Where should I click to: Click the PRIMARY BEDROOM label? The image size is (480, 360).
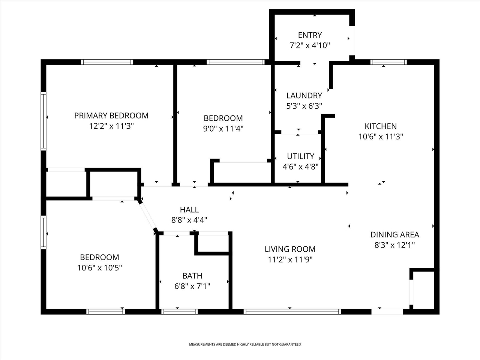pyautogui.click(x=111, y=115)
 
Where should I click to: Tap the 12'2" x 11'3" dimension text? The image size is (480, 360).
pyautogui.click(x=111, y=126)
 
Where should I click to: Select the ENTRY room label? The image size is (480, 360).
pyautogui.click(x=310, y=35)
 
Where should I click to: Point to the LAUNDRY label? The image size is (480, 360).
pyautogui.click(x=304, y=96)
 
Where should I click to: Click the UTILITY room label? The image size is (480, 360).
pyautogui.click(x=300, y=156)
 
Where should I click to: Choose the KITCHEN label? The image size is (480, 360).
pyautogui.click(x=381, y=126)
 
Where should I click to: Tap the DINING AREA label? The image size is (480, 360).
pyautogui.click(x=394, y=235)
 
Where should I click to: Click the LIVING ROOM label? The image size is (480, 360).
pyautogui.click(x=290, y=249)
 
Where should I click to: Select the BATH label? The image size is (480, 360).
pyautogui.click(x=192, y=276)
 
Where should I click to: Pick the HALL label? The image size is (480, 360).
pyautogui.click(x=189, y=210)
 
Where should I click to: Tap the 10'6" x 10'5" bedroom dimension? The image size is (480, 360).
pyautogui.click(x=99, y=268)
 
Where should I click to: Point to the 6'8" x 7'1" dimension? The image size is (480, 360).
pyautogui.click(x=192, y=286)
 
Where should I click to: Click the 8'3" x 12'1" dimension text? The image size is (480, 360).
pyautogui.click(x=394, y=245)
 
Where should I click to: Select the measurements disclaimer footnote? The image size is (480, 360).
pyautogui.click(x=244, y=344)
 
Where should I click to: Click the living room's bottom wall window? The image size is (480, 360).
pyautogui.click(x=292, y=311)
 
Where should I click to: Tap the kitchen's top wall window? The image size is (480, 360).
pyautogui.click(x=388, y=62)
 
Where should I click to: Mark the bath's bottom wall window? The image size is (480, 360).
pyautogui.click(x=179, y=311)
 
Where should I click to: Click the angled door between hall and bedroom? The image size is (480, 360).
pyautogui.click(x=147, y=215)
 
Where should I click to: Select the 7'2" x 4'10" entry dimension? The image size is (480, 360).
pyautogui.click(x=310, y=45)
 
